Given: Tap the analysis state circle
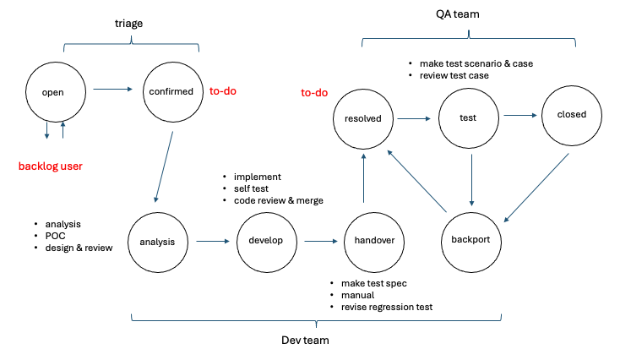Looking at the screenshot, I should [x=157, y=242].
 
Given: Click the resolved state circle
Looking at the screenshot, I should [x=363, y=119].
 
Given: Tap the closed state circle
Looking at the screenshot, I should [x=571, y=115].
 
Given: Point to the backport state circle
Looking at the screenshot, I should [x=471, y=238].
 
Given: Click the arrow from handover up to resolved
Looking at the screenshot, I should [x=363, y=177].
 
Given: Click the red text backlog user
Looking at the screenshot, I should [x=51, y=166].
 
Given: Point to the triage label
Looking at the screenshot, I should [x=129, y=24].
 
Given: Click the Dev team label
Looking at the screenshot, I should [x=317, y=340].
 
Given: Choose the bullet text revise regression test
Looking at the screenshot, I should [x=387, y=307].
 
